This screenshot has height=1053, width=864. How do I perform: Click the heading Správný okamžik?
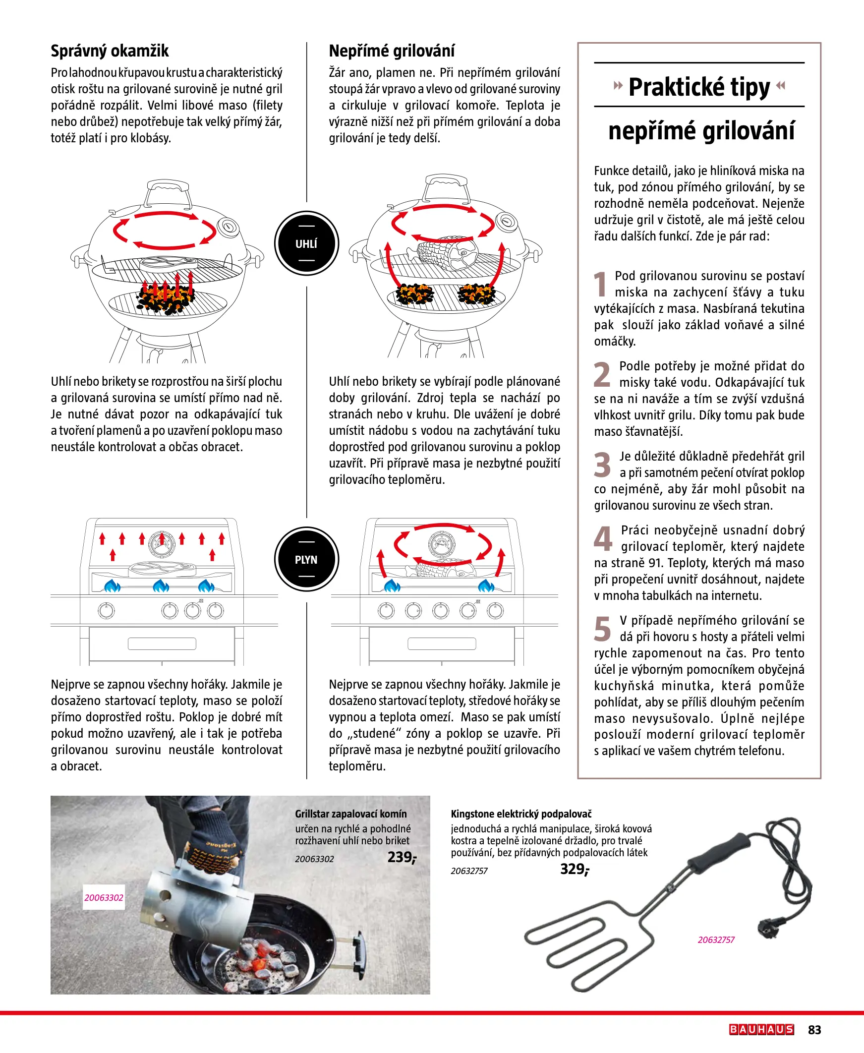110,51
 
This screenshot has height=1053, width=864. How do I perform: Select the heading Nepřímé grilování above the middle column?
391,51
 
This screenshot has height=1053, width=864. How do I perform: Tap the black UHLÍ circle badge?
306,244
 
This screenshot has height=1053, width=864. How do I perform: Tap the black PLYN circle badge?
306,559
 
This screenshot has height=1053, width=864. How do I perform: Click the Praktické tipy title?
699,87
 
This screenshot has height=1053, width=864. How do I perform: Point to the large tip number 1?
601,284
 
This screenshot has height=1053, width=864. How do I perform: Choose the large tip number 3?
602,465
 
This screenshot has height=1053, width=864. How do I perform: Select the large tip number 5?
602,629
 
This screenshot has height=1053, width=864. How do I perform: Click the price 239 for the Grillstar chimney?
401,858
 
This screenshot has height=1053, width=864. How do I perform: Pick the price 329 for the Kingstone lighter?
574,870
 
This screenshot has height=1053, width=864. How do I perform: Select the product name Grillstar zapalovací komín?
350,814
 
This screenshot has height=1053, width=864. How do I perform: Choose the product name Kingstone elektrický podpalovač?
520,814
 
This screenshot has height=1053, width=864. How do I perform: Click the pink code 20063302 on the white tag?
104,898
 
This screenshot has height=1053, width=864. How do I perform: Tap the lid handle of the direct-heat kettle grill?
167,190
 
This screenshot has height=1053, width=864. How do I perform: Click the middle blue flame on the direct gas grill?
161,585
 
